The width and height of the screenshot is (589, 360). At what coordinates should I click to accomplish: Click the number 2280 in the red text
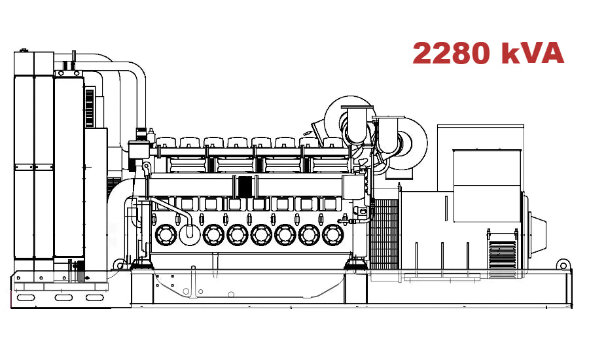coord(452,54)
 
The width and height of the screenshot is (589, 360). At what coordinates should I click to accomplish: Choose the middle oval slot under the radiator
coord(63,298)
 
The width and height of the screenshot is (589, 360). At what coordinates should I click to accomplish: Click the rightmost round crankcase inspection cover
coord(332,234)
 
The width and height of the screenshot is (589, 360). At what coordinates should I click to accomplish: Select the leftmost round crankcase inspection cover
coord(164,234)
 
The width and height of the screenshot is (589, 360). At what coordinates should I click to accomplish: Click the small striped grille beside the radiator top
coord(90,107)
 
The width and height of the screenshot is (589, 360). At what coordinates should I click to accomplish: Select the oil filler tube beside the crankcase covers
coord(190,226)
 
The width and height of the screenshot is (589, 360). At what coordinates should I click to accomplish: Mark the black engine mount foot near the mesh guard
coord(355,262)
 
